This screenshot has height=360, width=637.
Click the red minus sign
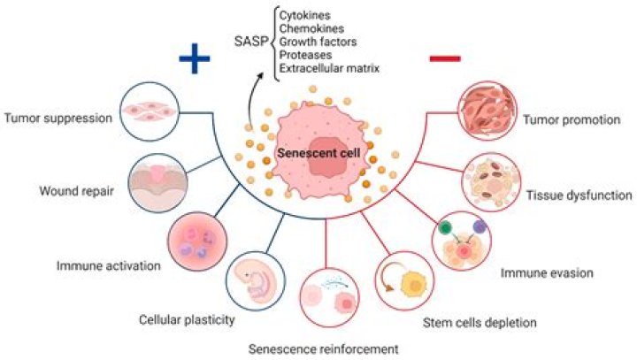(444, 59)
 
